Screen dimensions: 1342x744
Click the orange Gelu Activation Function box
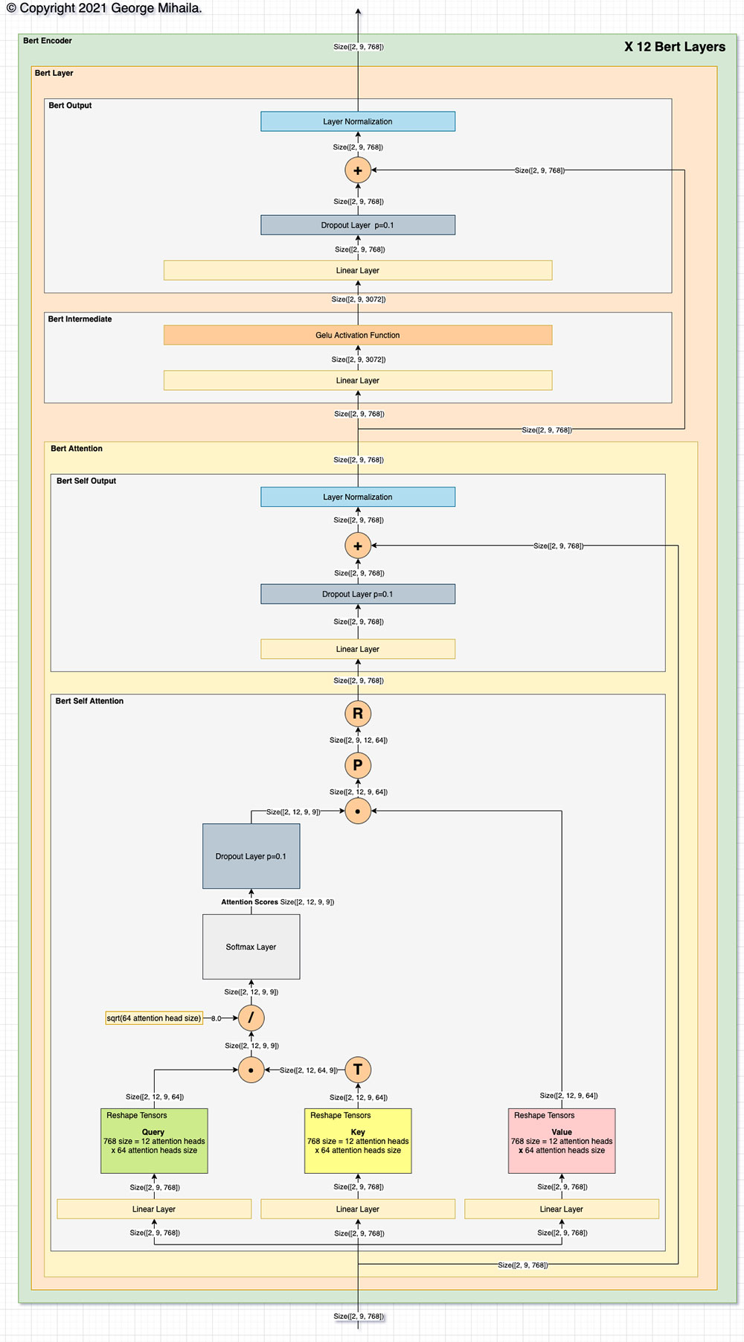click(358, 335)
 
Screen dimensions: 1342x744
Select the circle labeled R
click(358, 714)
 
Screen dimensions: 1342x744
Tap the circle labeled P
click(358, 765)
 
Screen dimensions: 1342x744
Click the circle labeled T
click(358, 1070)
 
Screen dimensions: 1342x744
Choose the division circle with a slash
click(251, 1017)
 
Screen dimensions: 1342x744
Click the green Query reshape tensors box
click(154, 1141)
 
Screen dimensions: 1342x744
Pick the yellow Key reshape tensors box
click(358, 1141)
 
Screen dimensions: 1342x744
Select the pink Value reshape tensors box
click(562, 1141)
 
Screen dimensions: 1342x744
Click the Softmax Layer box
click(251, 947)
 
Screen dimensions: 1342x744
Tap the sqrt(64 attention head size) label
click(154, 1018)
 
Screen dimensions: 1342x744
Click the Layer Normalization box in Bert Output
click(358, 121)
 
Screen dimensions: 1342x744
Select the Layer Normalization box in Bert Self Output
click(358, 497)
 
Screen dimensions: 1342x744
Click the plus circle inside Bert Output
click(358, 170)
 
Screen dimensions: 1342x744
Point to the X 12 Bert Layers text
click(674, 47)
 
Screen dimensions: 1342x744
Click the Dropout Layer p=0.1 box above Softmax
click(251, 856)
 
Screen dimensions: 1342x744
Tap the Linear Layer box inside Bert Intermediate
click(358, 380)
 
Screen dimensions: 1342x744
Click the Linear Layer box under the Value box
click(562, 1209)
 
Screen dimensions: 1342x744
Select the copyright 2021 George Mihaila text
click(104, 8)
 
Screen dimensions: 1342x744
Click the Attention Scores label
click(249, 902)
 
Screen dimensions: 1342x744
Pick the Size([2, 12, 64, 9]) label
click(308, 1070)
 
